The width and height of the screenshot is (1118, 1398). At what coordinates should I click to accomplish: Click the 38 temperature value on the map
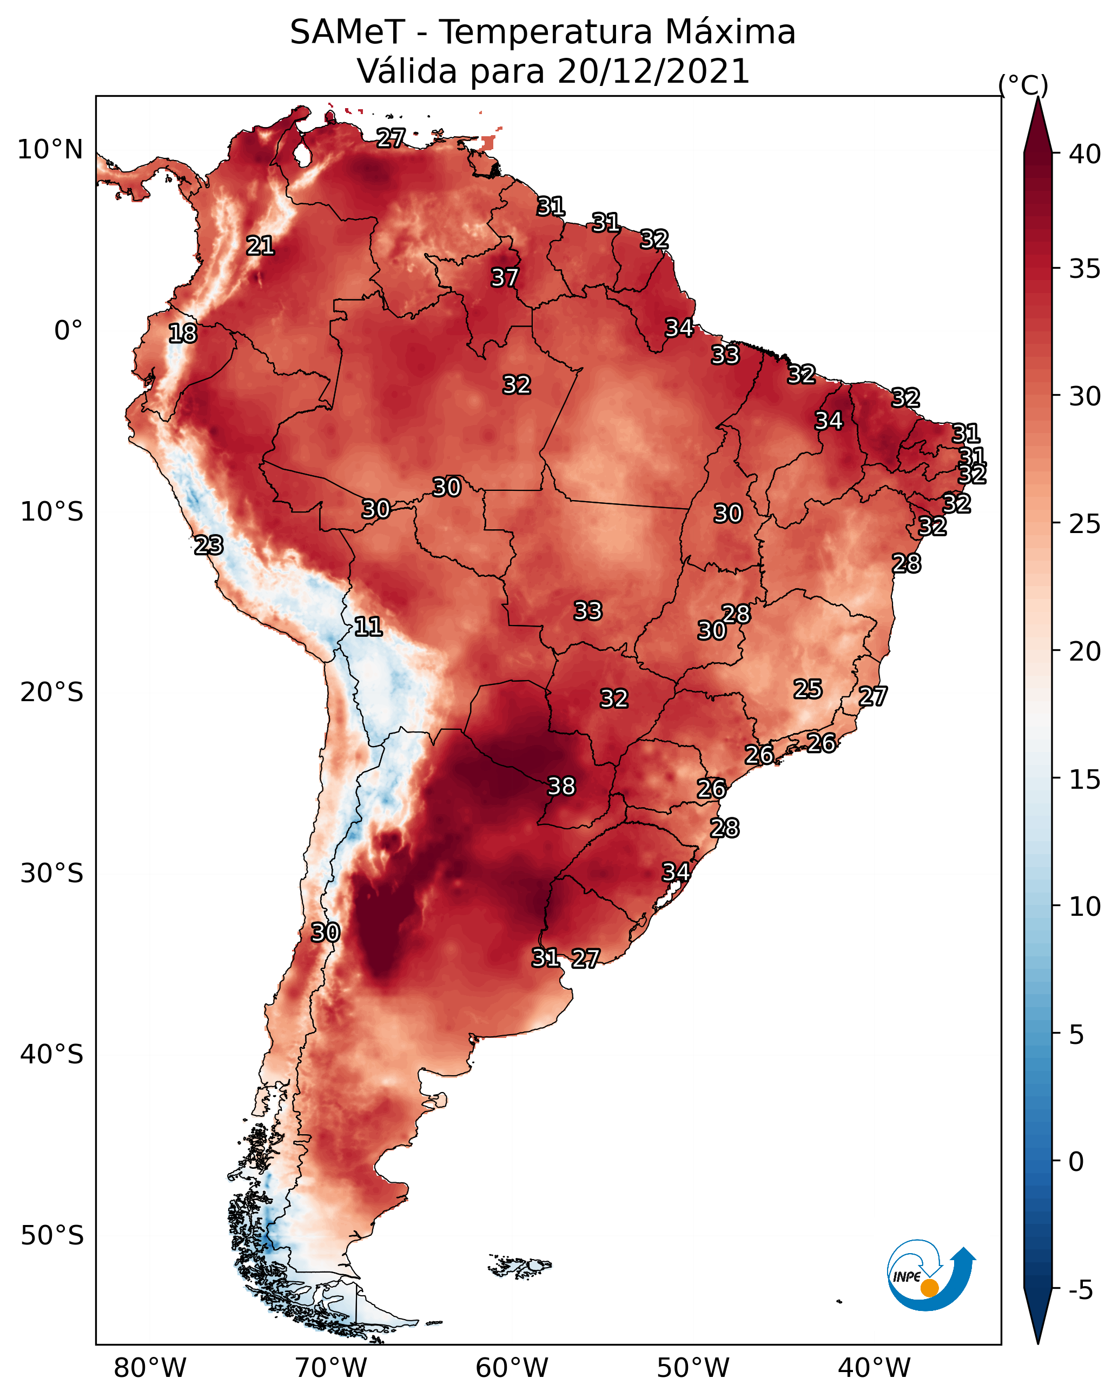(x=561, y=787)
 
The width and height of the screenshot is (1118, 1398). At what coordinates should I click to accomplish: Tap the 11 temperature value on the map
(x=368, y=627)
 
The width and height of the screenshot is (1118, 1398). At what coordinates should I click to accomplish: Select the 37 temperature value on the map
(x=504, y=277)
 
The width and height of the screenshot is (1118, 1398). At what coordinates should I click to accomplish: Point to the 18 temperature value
(x=182, y=334)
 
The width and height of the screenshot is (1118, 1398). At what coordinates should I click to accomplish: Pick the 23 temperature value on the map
(x=209, y=545)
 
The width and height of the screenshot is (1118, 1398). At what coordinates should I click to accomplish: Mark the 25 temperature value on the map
(x=808, y=689)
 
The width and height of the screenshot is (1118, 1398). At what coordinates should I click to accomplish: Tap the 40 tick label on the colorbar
(x=1085, y=154)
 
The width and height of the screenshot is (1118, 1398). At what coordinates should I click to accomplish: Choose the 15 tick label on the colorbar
(x=1085, y=780)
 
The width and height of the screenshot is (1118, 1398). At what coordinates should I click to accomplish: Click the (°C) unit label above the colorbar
(x=1023, y=85)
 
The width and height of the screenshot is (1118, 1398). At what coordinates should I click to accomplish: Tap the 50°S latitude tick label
(x=52, y=1236)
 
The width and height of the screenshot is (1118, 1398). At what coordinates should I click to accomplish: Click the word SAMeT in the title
(x=348, y=32)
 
